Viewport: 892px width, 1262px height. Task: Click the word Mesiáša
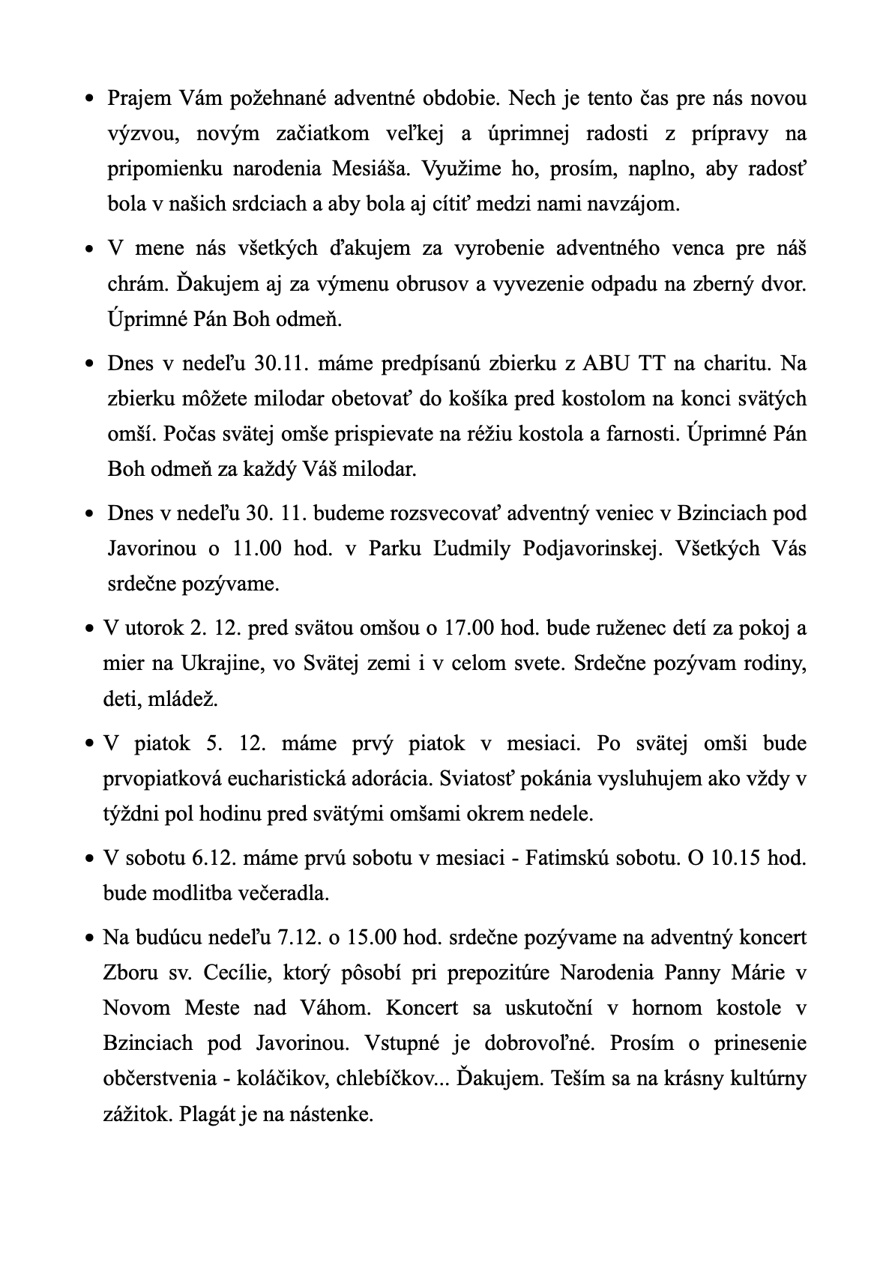(x=372, y=168)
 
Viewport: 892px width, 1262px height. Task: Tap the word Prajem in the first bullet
(x=140, y=98)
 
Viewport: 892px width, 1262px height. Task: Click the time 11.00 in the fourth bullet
(x=257, y=548)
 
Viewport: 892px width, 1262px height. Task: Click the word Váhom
(x=339, y=1008)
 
